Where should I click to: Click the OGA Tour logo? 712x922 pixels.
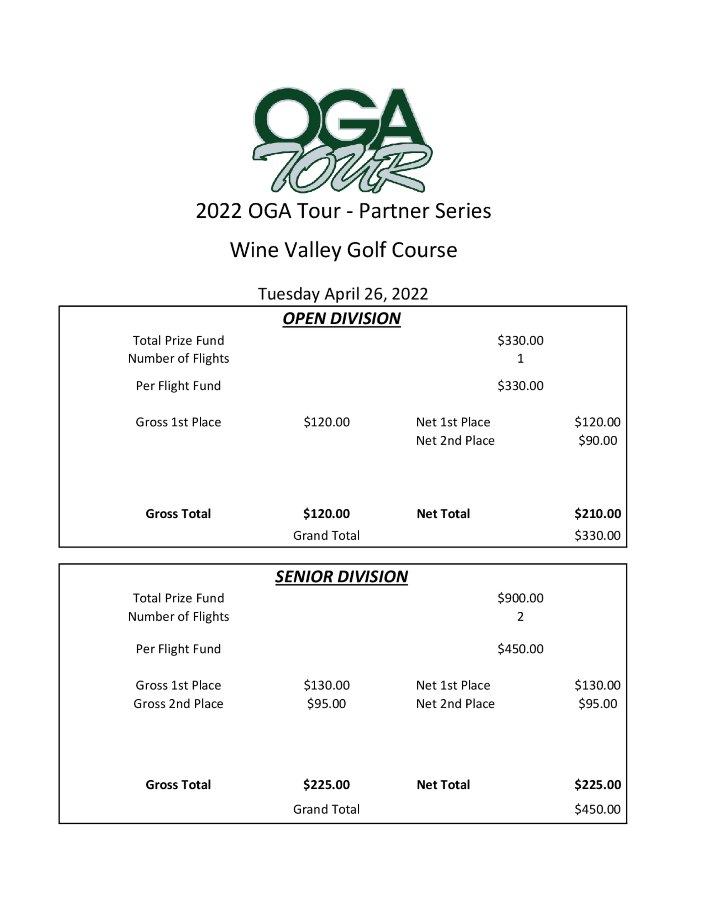[342, 140]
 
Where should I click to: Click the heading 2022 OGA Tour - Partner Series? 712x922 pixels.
[343, 211]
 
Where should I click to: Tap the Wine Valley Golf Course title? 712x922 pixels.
[343, 250]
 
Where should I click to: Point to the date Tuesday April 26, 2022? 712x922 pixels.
[343, 294]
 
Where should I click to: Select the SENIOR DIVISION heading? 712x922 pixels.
[341, 577]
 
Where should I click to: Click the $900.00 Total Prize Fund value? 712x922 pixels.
[520, 598]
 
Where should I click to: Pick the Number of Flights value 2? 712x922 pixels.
[520, 616]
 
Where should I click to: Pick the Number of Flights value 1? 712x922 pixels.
[520, 358]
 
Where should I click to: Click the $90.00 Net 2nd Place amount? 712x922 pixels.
[597, 440]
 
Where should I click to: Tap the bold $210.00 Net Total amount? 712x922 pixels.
[597, 514]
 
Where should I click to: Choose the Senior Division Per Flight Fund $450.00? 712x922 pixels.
[520, 649]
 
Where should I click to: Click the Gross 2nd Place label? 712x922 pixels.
[178, 704]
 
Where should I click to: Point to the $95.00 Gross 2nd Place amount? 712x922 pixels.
[326, 704]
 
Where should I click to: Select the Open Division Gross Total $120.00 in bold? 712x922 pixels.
[326, 514]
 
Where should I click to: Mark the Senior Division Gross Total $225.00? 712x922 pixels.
[326, 785]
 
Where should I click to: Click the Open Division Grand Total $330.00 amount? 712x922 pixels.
[597, 535]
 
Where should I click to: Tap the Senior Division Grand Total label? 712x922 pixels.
[326, 809]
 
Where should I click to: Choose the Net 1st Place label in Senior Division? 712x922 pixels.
[453, 685]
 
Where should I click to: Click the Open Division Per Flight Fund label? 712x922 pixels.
[178, 386]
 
